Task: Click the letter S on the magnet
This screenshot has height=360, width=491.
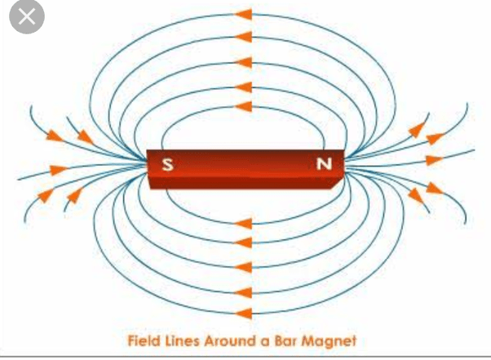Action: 167,164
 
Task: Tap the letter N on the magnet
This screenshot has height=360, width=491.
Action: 325,164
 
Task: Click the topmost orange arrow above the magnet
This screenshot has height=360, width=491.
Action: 243,15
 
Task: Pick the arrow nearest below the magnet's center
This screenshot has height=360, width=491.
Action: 243,222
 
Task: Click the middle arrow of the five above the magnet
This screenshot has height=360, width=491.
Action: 243,61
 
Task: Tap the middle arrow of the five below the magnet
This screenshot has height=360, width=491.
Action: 243,267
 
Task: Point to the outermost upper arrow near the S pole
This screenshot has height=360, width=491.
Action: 55,134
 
